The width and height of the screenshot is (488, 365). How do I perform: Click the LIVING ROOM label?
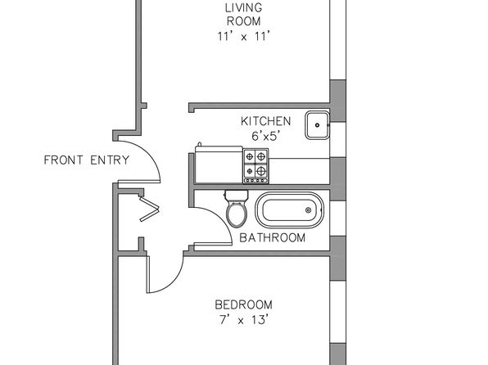click(x=244, y=14)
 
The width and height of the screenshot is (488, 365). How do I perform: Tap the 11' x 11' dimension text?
click(x=243, y=36)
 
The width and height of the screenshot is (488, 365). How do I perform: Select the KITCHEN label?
click(x=266, y=121)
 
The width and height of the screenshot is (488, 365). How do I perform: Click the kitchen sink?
click(x=317, y=125)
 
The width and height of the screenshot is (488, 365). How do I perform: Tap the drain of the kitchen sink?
click(x=317, y=125)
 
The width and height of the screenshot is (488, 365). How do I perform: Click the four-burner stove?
click(x=255, y=166)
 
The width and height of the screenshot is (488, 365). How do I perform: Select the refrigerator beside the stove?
click(x=219, y=164)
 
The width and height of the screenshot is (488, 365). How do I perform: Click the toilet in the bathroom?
click(x=237, y=209)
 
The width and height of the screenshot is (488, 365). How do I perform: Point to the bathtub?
click(x=289, y=210)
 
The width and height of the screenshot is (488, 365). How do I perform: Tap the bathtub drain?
click(x=308, y=210)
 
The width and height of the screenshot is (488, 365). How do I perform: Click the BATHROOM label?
click(x=273, y=237)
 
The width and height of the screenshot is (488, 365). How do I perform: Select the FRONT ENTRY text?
click(x=87, y=160)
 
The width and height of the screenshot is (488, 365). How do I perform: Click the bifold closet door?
click(x=149, y=209)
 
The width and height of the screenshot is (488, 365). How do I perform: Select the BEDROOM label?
click(x=243, y=304)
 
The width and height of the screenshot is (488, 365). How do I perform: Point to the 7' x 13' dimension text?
click(x=244, y=319)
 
